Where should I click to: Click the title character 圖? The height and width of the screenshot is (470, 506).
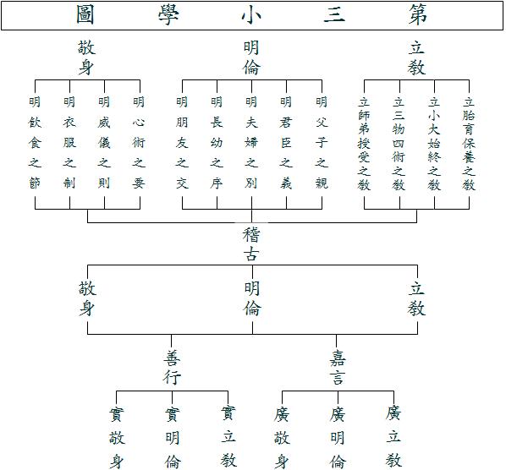(85, 14)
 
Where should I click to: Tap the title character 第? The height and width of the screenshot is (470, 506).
(418, 14)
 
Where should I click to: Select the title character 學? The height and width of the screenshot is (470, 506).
(168, 14)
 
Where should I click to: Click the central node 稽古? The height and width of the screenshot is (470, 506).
(251, 244)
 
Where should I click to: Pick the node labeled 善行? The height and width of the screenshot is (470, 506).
(172, 368)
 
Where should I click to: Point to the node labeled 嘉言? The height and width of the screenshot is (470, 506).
(338, 368)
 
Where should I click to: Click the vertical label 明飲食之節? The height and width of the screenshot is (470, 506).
(35, 143)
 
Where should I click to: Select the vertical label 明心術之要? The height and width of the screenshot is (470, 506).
(139, 143)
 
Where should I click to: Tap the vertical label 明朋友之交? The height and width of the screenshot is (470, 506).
(182, 143)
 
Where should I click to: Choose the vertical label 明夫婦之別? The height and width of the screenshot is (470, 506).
(251, 143)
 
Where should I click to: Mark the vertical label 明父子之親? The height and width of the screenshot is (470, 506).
(322, 143)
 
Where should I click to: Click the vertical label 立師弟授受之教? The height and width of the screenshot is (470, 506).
(364, 144)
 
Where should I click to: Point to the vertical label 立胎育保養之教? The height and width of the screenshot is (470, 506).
(469, 144)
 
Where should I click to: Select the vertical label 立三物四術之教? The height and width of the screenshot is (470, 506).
(399, 144)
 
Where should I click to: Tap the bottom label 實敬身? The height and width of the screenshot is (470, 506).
(117, 437)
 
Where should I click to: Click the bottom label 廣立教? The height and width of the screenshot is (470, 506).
(393, 437)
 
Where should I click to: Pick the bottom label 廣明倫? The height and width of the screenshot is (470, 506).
(338, 437)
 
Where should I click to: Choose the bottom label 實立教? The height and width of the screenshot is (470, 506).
(228, 437)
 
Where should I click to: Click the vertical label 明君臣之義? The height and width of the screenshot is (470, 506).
(286, 143)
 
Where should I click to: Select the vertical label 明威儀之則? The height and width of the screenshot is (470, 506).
(104, 143)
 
